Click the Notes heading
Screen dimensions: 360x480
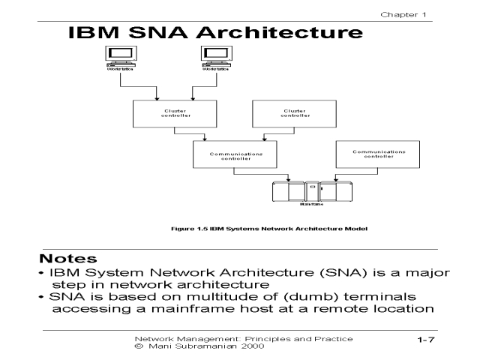[x=68, y=258]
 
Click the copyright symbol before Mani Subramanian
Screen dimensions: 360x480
[x=137, y=347]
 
